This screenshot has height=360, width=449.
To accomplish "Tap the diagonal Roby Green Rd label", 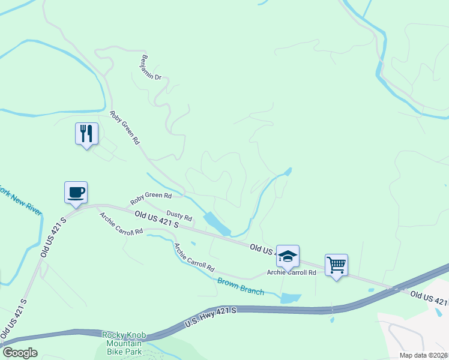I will coord(124,127).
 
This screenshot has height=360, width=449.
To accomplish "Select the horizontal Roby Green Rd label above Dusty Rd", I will coord(151,196).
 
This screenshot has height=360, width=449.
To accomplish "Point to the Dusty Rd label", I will coord(179,215).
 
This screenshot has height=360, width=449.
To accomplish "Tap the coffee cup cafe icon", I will coord(76,193).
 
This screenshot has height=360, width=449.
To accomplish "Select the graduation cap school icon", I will coord(288,256).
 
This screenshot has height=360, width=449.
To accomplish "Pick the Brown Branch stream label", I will coord(241,287).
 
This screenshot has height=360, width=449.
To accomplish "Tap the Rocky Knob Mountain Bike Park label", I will coord(122,343).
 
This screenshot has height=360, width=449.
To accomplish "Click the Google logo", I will coord(20,352).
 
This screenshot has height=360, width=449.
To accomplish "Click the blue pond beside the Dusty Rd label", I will coord(217,224).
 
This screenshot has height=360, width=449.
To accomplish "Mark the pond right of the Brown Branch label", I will coord(291,298).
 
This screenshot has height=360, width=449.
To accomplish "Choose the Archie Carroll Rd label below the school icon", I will coord(292,272).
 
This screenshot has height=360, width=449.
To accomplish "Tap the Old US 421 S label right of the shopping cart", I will coord(429,298).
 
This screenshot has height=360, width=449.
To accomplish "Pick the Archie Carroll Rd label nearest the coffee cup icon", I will coord(122,224).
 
